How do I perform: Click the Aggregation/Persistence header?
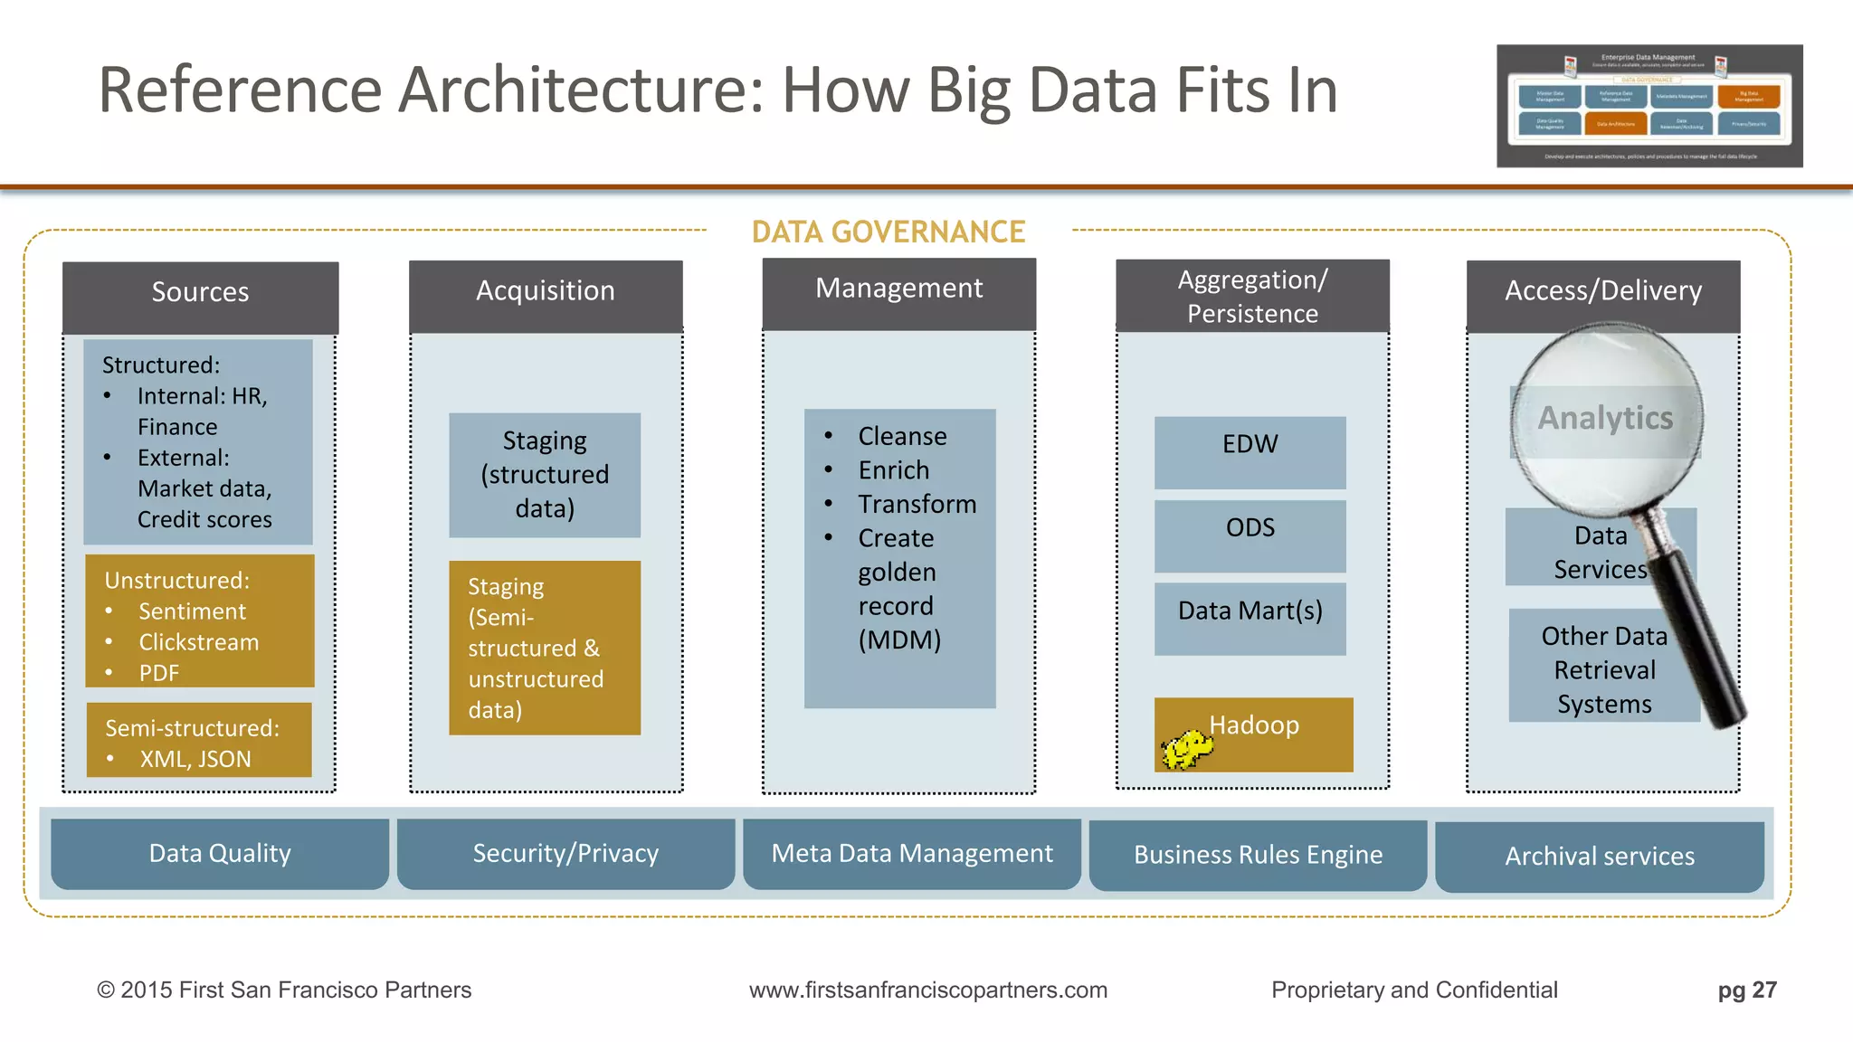coord(1252,296)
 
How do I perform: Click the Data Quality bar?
coord(220,854)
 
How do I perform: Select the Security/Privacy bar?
coord(565,854)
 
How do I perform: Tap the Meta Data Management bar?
coord(912,854)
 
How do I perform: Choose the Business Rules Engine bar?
coord(1258,855)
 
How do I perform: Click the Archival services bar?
coord(1600,856)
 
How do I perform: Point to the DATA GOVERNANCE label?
coord(888,232)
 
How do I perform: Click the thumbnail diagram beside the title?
coord(1649,106)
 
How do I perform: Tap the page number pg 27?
coord(1747,990)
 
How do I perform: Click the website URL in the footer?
coord(928,990)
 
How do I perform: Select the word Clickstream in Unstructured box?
coord(199,642)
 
